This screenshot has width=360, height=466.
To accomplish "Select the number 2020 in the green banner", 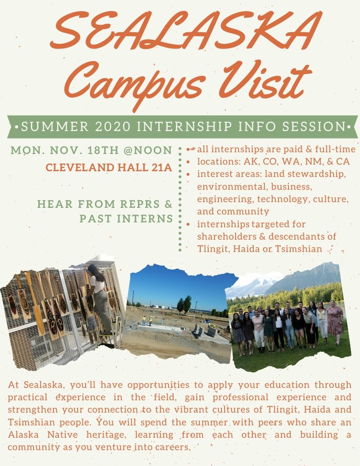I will [x=110, y=127].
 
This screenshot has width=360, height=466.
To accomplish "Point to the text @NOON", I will [x=148, y=150].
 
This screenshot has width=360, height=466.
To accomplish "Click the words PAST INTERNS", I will [x=126, y=218].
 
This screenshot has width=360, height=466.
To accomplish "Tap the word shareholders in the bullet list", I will [x=225, y=237].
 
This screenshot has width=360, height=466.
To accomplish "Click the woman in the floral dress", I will [x=334, y=320].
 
